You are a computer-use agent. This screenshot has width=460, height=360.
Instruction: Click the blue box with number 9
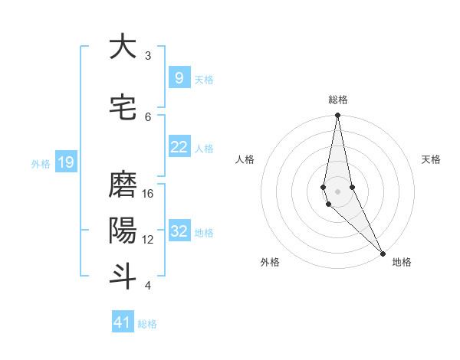pos(179,78)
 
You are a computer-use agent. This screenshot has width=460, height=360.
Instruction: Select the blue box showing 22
pos(179,147)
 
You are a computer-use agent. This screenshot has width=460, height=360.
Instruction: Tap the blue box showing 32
pos(179,231)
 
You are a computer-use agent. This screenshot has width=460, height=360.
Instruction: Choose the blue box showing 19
pos(65,162)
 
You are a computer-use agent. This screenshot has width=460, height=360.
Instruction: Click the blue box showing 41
pos(123,322)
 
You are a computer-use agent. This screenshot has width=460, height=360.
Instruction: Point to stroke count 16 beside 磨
pos(149,194)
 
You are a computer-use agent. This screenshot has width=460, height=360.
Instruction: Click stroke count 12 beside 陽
pos(149,240)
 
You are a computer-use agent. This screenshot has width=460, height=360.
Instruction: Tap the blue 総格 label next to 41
pos(148,324)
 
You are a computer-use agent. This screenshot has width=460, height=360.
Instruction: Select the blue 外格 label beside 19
pos(41,163)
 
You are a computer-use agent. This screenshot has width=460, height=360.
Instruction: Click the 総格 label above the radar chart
pos(338,100)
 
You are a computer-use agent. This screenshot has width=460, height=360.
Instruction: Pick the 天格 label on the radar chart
pos(431,159)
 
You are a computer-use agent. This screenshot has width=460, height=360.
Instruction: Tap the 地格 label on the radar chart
pos(402,262)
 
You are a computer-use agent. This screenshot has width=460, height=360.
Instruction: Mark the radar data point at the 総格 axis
pos(337,116)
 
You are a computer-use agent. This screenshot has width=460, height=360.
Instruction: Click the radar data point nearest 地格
pos(383,253)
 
